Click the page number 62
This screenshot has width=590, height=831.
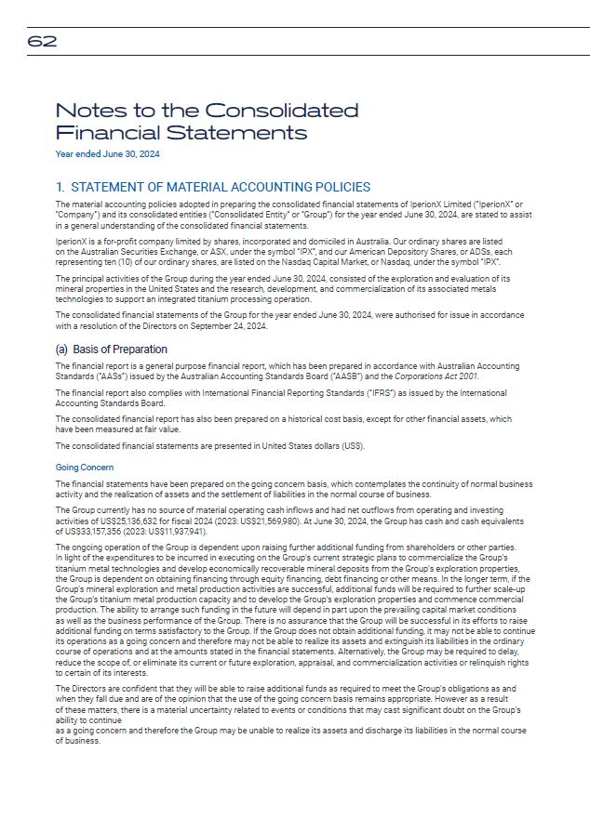tap(42, 41)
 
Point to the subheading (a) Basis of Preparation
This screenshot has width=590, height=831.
tap(112, 350)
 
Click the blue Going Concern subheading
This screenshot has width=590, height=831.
tap(85, 468)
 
